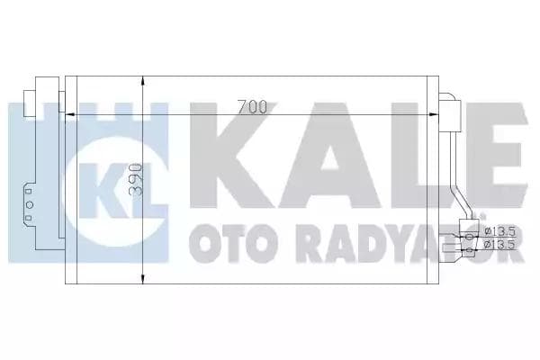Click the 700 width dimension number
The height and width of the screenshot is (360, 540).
pos(254,107)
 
